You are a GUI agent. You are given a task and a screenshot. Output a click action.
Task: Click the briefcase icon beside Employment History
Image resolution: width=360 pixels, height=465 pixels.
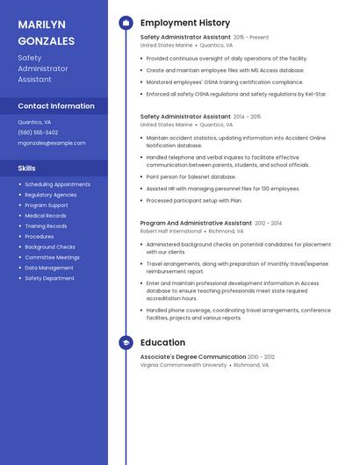(x=126, y=23)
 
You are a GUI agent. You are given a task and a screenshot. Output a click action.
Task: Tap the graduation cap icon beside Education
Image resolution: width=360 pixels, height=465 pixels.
(x=126, y=343)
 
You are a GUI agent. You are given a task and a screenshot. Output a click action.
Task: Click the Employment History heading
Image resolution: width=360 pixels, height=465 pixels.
(x=185, y=23)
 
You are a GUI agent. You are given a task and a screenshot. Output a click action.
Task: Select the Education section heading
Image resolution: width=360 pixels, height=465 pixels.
(x=162, y=343)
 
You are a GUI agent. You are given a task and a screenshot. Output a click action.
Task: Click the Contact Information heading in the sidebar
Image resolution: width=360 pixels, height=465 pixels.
(x=56, y=106)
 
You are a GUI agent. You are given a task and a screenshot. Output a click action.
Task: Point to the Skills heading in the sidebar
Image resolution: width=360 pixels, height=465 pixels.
(x=27, y=168)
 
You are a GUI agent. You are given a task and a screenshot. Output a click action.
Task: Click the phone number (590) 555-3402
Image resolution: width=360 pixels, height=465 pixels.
(x=38, y=132)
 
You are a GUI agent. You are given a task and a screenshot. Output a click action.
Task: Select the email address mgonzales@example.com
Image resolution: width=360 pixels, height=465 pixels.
(x=52, y=142)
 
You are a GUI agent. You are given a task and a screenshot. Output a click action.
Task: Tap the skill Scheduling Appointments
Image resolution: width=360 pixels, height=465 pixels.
(x=57, y=184)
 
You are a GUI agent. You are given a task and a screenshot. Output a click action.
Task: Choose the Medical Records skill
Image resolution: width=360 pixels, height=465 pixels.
(x=46, y=215)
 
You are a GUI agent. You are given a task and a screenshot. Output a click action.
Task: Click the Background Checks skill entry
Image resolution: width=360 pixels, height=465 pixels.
(x=50, y=247)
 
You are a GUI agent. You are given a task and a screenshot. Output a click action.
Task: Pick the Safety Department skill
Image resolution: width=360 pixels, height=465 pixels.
(x=49, y=278)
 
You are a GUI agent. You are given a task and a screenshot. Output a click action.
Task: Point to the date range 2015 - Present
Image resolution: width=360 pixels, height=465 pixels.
(x=251, y=38)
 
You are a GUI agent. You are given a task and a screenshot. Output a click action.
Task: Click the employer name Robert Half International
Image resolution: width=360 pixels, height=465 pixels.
(x=172, y=232)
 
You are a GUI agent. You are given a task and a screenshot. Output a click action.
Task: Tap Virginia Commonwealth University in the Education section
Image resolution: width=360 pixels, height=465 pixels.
(x=184, y=365)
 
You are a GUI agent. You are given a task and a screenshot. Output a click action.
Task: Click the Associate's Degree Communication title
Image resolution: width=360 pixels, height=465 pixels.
(x=192, y=357)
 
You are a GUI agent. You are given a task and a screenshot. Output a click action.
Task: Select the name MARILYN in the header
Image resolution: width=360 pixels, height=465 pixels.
(x=41, y=24)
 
